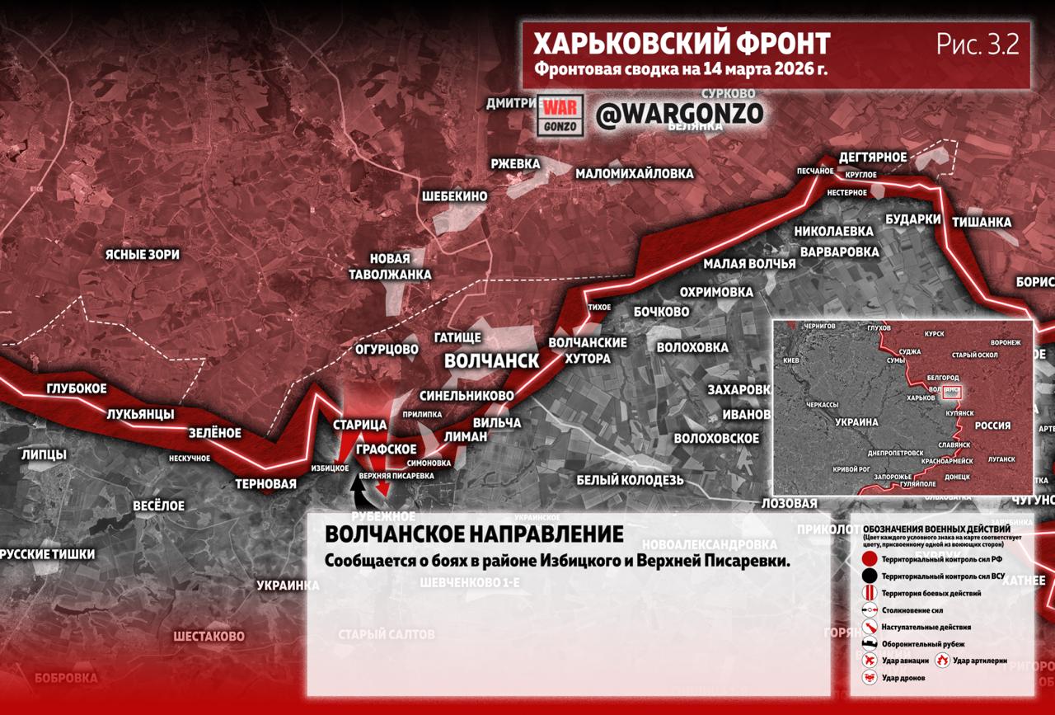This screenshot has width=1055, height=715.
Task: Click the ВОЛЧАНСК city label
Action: (491, 360)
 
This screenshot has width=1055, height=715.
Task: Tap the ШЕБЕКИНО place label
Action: (454, 196)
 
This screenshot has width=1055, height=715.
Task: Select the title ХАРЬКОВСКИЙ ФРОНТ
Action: (681, 44)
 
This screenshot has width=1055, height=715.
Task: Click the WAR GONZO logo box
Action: (560, 115)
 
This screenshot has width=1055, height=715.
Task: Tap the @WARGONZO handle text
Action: (679, 115)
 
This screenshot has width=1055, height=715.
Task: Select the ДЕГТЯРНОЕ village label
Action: (872, 157)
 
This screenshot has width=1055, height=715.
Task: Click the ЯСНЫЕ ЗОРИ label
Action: (142, 255)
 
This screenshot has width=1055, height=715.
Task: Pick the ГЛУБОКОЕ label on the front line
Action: (77, 388)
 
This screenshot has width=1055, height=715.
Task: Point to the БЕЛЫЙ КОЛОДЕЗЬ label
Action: (630, 480)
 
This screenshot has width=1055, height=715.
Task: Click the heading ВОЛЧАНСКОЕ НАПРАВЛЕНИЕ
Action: (473, 534)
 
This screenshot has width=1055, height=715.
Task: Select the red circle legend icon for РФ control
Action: (869, 559)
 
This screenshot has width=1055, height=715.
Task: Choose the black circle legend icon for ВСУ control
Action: (869, 576)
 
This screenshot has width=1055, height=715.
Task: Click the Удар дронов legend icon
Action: (869, 677)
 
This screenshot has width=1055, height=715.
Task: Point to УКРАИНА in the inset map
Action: (856, 421)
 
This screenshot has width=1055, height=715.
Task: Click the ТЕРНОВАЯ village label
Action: (265, 484)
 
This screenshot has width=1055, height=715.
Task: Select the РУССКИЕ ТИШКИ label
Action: (48, 554)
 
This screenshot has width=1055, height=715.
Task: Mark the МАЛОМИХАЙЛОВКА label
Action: (634, 174)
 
